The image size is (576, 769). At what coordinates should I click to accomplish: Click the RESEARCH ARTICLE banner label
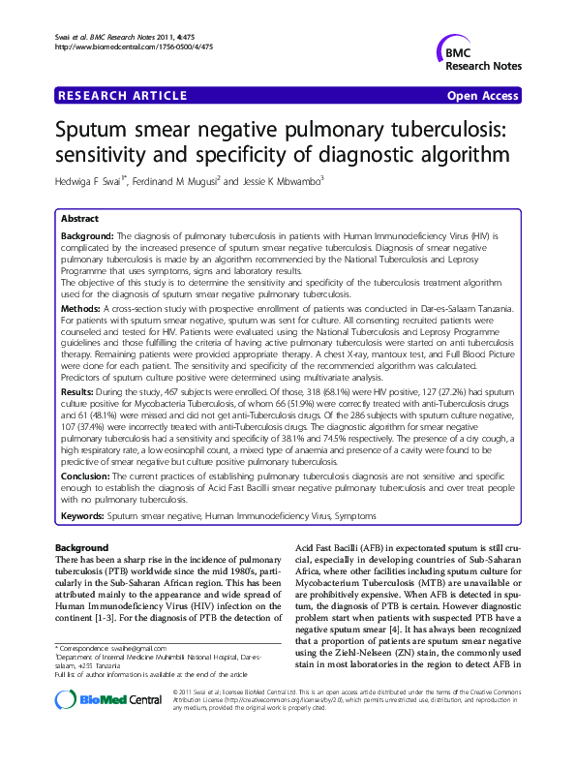click(x=122, y=96)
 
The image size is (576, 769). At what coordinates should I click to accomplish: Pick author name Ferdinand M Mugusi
click(x=174, y=181)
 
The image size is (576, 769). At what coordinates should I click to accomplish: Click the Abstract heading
click(x=80, y=219)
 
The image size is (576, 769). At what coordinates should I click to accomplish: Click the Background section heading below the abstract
click(x=82, y=549)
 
